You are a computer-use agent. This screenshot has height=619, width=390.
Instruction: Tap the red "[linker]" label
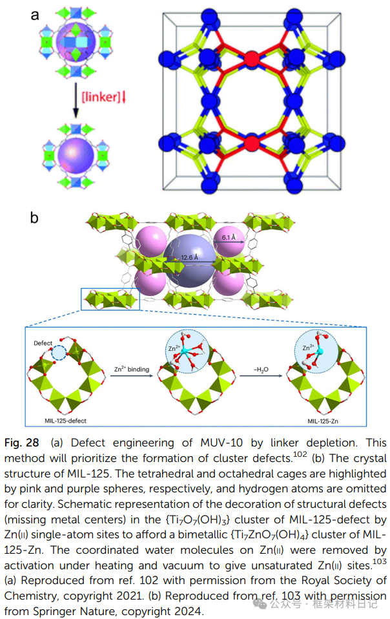point(100,97)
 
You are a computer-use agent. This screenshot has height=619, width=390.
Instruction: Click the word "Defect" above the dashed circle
point(43,343)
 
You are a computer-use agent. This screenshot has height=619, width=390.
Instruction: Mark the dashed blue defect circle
point(59,353)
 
